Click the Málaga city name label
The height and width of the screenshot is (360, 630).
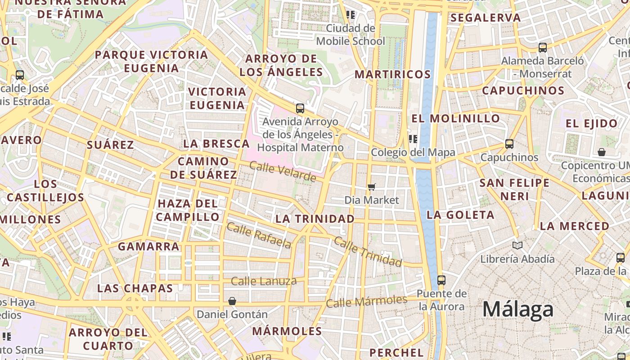pyautogui.click(x=517, y=310)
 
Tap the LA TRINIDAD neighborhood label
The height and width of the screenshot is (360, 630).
pyautogui.click(x=315, y=219)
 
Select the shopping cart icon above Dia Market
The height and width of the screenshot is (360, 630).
pyautogui.click(x=372, y=187)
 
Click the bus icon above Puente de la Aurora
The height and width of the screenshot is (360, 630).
pyautogui.click(x=441, y=280)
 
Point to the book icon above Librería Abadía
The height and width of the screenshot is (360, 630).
pyautogui.click(x=517, y=245)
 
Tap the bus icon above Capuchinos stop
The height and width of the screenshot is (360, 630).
pyautogui.click(x=509, y=144)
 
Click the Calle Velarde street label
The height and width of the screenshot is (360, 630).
pyautogui.click(x=283, y=172)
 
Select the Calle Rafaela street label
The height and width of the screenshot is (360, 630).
pyautogui.click(x=259, y=235)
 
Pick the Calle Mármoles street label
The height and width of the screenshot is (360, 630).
pyautogui.click(x=366, y=301)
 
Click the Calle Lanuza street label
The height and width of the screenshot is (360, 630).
pyautogui.click(x=264, y=281)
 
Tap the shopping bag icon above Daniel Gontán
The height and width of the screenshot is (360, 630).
pyautogui.click(x=232, y=301)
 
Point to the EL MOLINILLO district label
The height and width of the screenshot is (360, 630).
pyautogui.click(x=455, y=118)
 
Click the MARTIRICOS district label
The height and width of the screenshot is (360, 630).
pyautogui.click(x=393, y=74)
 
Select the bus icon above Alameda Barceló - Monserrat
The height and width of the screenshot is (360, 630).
pyautogui.click(x=543, y=47)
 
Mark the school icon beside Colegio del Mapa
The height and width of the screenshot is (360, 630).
pyautogui.click(x=413, y=139)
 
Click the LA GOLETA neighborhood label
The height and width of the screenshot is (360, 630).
pyautogui.click(x=460, y=215)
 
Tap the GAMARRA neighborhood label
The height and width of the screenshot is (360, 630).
pyautogui.click(x=148, y=246)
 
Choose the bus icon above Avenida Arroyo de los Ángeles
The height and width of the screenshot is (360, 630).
pyautogui.click(x=300, y=108)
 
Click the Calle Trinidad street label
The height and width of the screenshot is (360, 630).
pyautogui.click(x=368, y=252)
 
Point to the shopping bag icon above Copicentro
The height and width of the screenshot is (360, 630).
pyautogui.click(x=601, y=152)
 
